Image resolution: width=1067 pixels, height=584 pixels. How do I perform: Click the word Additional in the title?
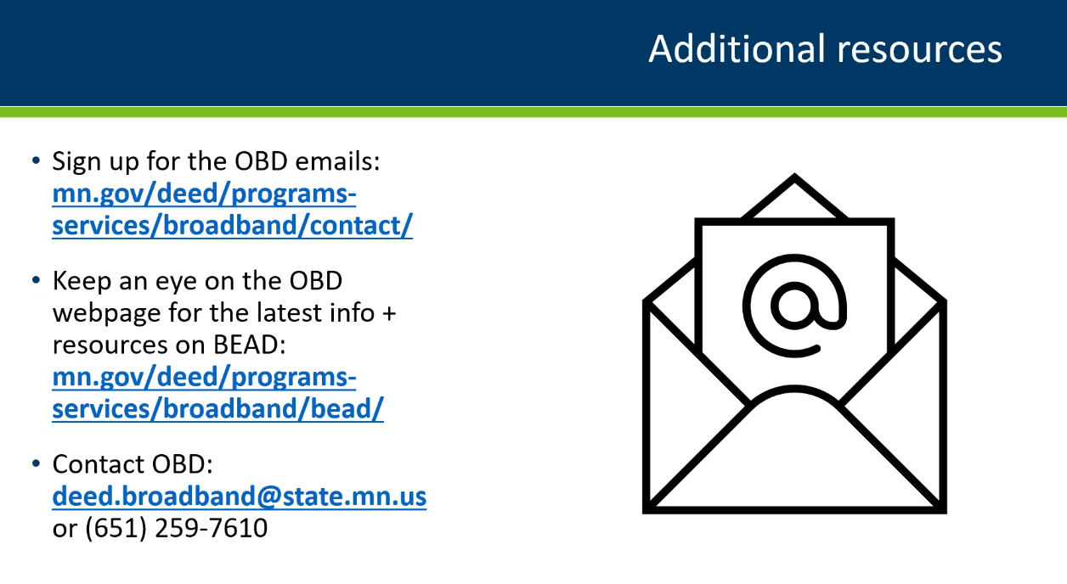[737, 49]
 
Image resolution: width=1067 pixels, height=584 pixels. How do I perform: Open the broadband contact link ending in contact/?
[233, 210]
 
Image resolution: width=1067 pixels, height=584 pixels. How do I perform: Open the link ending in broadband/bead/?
[218, 393]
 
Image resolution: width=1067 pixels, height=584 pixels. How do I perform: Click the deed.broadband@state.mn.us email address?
[239, 497]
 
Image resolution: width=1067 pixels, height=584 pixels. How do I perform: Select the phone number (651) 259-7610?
[176, 528]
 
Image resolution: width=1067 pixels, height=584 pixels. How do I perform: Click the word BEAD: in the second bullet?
[249, 345]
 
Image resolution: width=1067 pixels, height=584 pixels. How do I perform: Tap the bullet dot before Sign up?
[37, 160]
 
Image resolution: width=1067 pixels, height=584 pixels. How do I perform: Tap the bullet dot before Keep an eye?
[37, 280]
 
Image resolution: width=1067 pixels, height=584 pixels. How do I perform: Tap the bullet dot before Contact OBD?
[37, 463]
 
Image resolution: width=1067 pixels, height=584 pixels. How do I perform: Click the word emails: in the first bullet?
[337, 161]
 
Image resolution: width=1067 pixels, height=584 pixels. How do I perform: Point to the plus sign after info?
[389, 313]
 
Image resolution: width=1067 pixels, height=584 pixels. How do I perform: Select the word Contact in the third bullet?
[99, 464]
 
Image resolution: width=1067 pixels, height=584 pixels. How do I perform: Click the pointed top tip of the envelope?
[794, 175]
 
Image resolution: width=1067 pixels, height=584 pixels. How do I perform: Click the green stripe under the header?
[533, 112]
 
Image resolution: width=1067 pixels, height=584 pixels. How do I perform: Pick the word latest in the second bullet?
[289, 313]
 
